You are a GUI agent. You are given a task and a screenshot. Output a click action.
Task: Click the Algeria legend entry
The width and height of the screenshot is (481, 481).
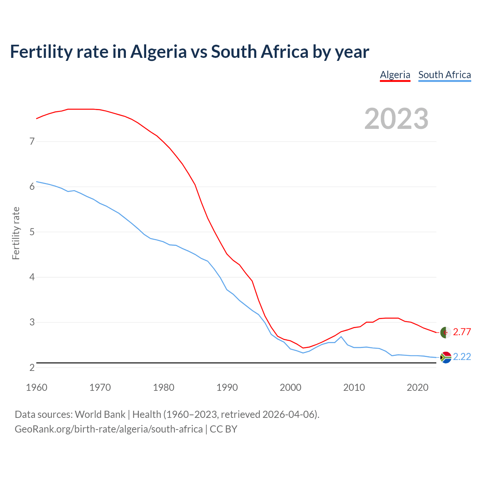click(395, 75)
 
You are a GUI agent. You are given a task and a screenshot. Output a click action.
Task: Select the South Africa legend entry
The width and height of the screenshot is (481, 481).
click(445, 75)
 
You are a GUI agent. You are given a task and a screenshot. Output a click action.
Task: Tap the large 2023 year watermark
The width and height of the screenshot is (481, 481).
click(396, 119)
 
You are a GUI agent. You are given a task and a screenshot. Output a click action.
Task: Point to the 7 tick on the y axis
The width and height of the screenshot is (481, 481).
click(32, 142)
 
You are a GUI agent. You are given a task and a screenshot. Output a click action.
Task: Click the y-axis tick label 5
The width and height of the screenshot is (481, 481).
click(32, 232)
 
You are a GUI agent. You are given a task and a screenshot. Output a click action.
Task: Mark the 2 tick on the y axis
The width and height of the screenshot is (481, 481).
click(32, 368)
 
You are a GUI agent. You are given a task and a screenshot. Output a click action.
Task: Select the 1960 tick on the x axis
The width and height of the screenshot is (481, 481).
click(36, 387)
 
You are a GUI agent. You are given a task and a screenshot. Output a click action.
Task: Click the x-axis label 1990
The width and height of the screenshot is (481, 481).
click(227, 387)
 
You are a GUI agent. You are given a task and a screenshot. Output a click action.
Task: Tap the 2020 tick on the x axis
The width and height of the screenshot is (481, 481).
click(417, 387)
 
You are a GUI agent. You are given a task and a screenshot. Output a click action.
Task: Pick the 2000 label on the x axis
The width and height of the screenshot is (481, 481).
click(290, 387)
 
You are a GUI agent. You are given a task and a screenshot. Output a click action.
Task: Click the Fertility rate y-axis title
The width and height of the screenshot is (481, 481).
click(16, 233)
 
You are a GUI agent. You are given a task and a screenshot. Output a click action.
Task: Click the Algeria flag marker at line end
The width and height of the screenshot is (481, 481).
click(446, 333)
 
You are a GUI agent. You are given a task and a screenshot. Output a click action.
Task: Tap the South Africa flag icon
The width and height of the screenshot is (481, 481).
click(446, 357)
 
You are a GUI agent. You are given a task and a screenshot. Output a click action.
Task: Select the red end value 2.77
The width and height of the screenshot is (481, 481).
click(462, 332)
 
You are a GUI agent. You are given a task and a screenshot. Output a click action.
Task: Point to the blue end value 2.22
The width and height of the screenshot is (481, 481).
click(462, 357)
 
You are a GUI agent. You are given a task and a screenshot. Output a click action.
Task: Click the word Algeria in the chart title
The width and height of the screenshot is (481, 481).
click(158, 51)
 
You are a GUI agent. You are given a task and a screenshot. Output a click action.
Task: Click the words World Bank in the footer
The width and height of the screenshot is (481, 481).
click(100, 414)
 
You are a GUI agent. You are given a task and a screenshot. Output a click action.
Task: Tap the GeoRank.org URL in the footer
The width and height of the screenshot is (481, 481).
click(109, 429)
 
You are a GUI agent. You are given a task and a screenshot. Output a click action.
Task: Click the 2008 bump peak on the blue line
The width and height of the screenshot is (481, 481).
click(341, 336)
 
